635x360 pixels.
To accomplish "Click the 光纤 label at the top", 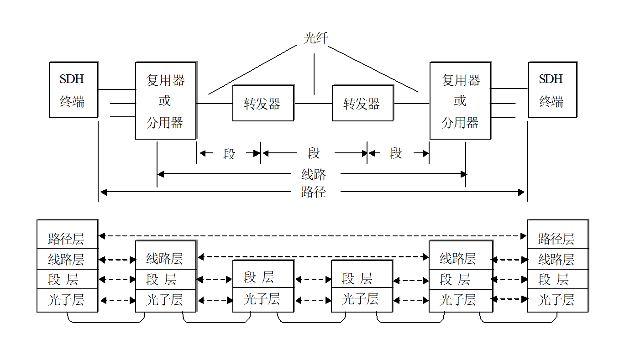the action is point(316,38).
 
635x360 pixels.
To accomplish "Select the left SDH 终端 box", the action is point(73,89).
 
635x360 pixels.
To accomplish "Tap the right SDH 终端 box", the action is point(553,89).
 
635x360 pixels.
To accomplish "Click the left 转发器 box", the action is point(263,103).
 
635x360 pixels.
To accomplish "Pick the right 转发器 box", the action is point(363,103).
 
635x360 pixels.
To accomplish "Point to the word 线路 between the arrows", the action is point(314,174).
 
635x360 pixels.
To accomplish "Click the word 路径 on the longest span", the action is point(314,192).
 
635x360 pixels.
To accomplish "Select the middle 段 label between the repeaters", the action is point(314,153).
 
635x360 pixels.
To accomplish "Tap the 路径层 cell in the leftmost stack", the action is point(68,234).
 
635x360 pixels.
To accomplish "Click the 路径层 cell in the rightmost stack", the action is point(558,234).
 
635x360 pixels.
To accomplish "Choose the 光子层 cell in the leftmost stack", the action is point(68,301).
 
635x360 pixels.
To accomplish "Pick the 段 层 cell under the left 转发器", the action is point(263,274).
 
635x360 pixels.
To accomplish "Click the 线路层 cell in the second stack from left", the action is point(166,255).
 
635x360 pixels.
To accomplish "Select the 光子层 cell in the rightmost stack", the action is point(558,301).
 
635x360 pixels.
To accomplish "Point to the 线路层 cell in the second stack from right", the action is point(461,255).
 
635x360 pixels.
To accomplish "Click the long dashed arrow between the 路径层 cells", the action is point(312,235).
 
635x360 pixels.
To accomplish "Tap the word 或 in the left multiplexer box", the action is point(164,101).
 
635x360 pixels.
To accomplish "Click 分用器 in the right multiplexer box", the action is point(460,123).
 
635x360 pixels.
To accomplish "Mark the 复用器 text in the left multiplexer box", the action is point(165,80).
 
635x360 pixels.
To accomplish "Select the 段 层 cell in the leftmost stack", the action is point(68,279).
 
